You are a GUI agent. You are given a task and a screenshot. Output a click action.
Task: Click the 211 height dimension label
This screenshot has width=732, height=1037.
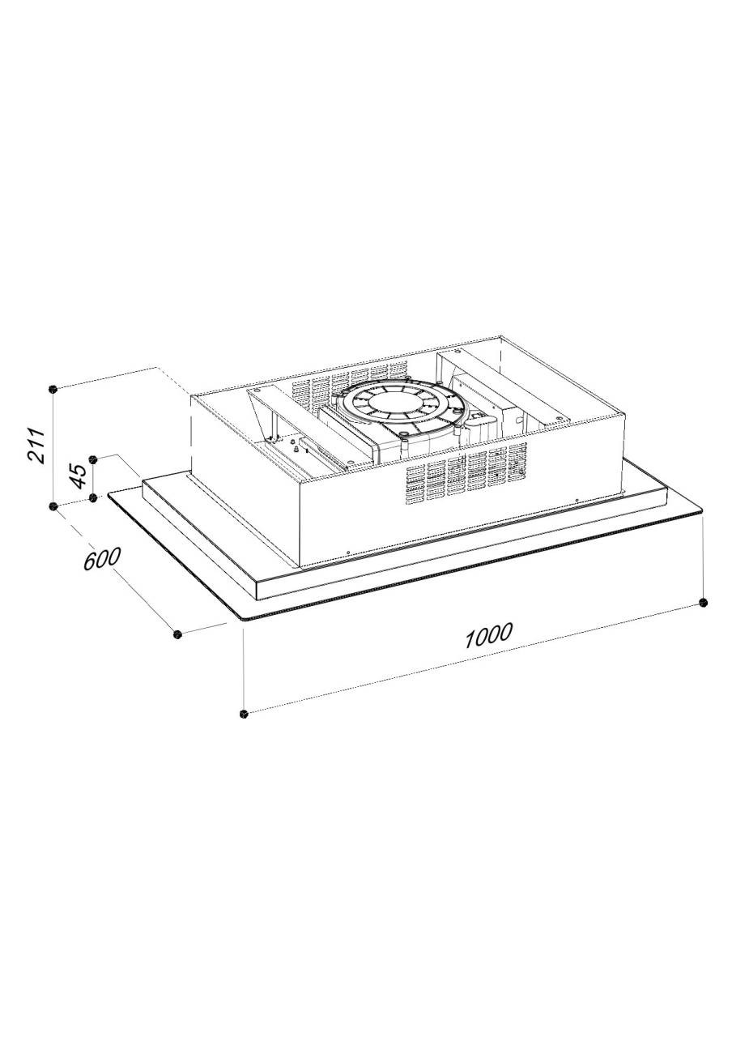36,446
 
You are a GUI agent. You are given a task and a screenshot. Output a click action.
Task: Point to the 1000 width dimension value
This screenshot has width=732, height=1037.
488,636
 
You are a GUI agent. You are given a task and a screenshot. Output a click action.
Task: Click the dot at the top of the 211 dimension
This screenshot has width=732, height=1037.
53,388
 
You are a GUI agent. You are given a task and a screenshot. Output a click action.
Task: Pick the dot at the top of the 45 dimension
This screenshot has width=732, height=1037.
93,459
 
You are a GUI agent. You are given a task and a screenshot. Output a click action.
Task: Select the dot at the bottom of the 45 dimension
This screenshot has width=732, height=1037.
93,498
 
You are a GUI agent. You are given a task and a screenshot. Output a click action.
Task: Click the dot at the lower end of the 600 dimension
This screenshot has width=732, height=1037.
177,634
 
